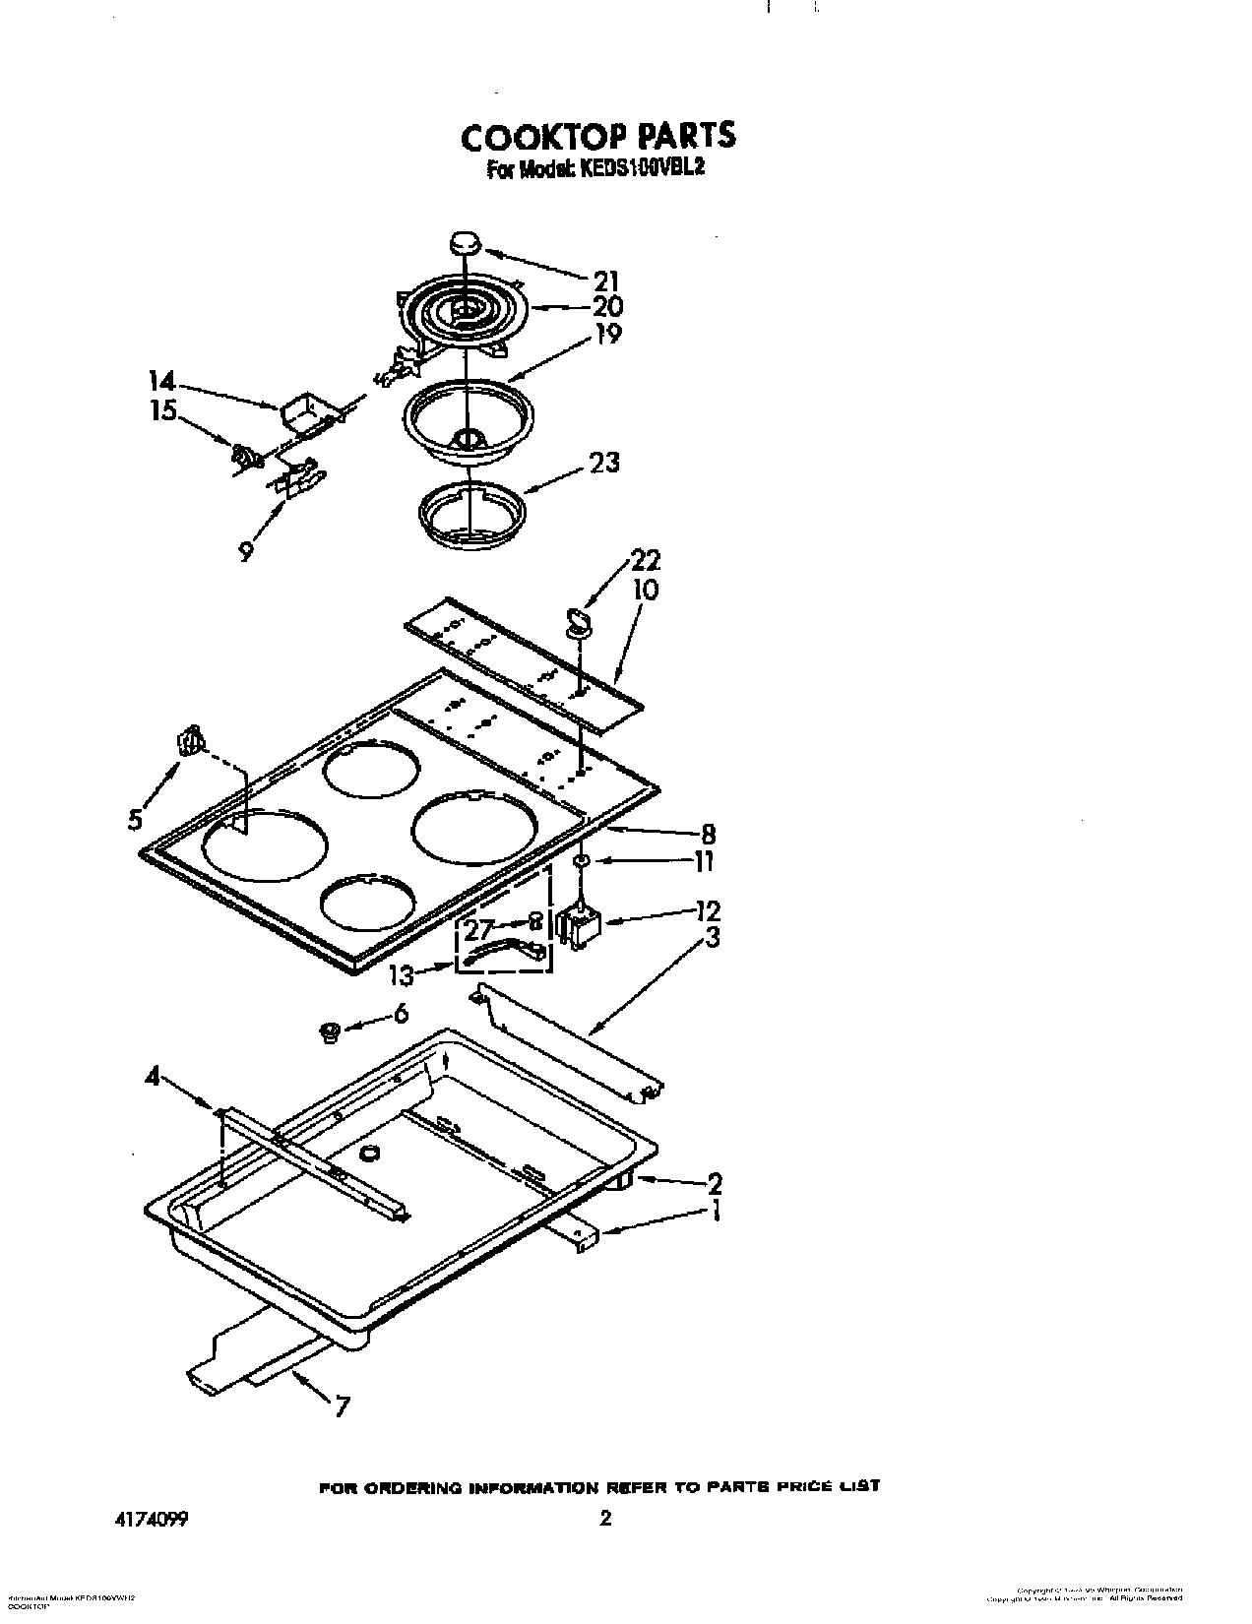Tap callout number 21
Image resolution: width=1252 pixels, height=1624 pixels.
[x=605, y=281]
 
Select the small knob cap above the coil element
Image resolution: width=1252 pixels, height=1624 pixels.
[x=465, y=242]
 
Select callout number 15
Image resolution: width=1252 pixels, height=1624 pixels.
[x=162, y=410]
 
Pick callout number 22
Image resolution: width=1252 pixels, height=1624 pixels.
[x=646, y=561]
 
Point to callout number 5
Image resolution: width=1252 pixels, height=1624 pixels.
[x=136, y=819]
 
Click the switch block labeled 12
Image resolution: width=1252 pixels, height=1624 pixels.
[x=579, y=927]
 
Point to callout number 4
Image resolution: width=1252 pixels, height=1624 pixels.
[x=152, y=1078]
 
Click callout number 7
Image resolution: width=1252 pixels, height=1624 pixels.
[x=341, y=1407]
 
